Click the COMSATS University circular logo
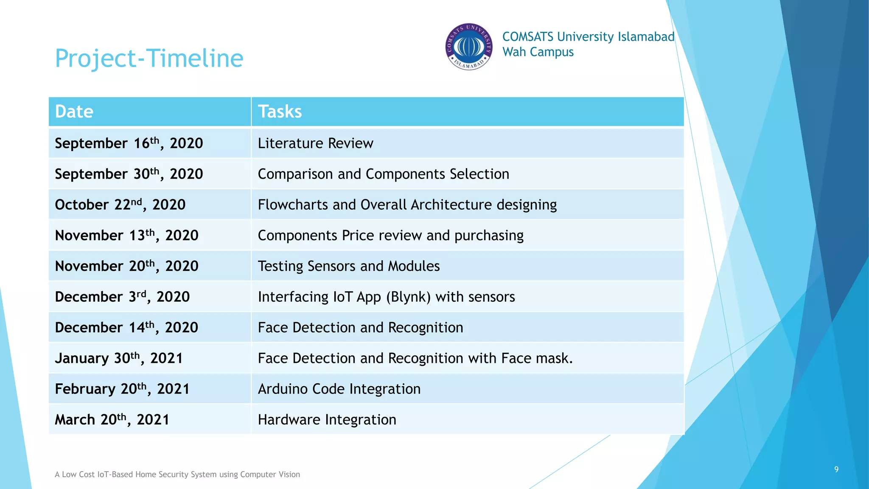(x=468, y=47)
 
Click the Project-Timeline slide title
(x=149, y=58)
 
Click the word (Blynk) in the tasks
(x=408, y=297)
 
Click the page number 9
(x=836, y=469)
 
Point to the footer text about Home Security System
(x=177, y=475)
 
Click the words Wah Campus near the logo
(x=538, y=52)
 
